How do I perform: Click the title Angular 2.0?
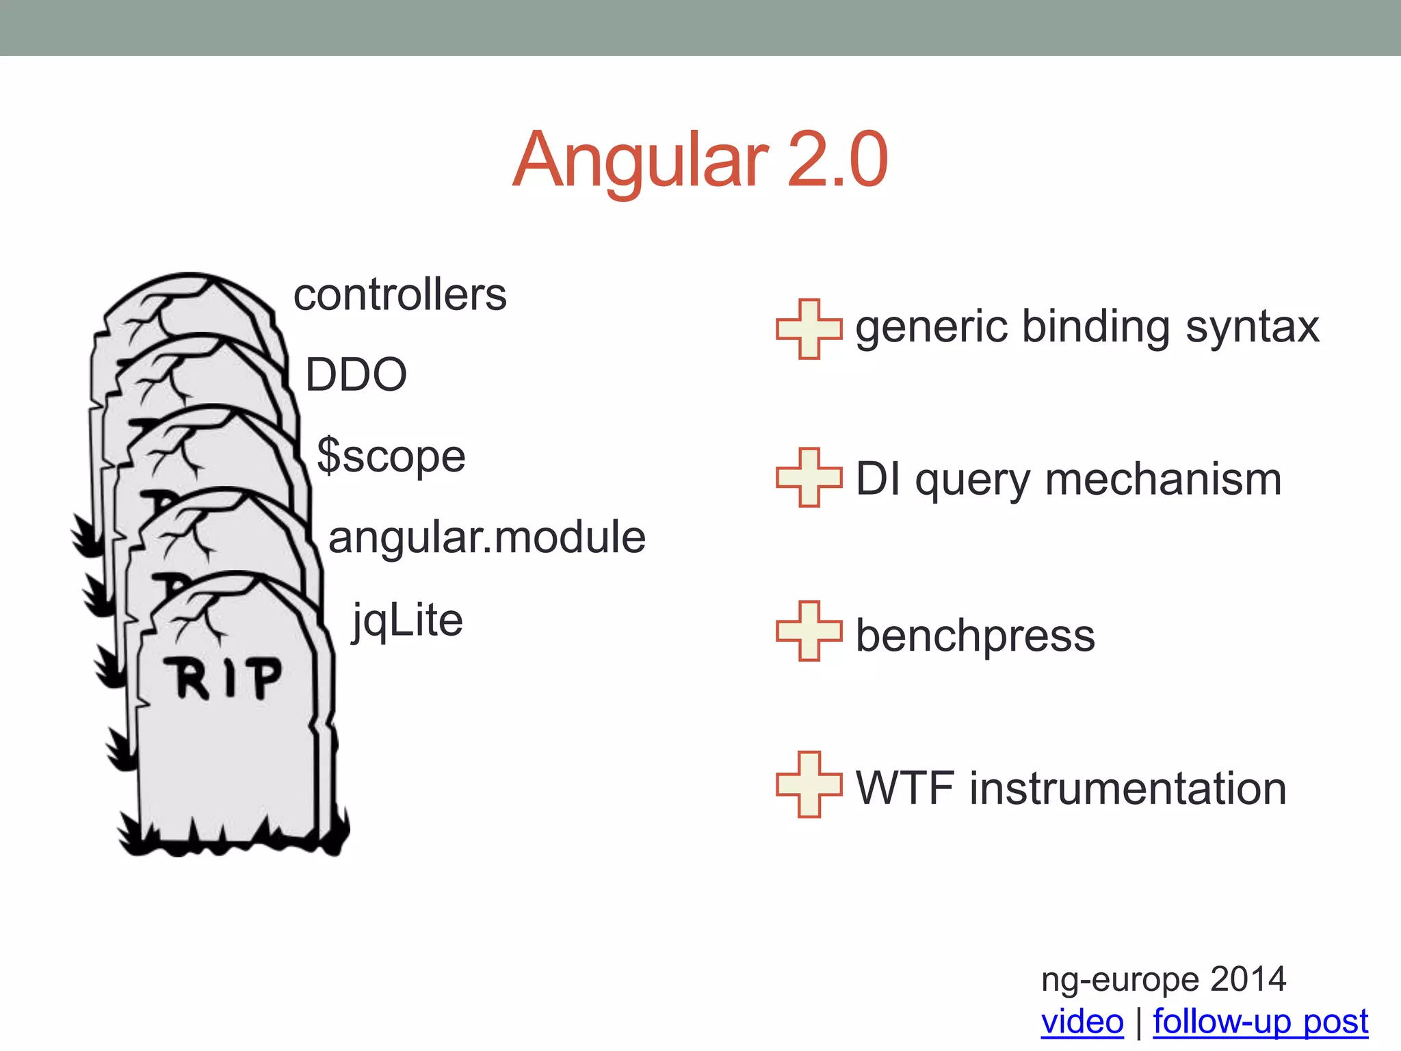700,160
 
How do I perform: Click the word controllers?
400,296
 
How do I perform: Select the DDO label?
356,375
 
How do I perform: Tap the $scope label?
391,456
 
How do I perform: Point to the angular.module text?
487,537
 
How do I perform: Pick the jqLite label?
408,621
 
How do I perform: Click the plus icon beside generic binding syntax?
809,329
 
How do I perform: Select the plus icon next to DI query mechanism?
809,478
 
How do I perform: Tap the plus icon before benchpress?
809,631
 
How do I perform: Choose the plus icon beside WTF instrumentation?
809,784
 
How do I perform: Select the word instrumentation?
1128,788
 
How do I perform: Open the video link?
1082,1022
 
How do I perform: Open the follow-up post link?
1260,1022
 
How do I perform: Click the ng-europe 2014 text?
1163,979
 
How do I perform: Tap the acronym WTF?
904,788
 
